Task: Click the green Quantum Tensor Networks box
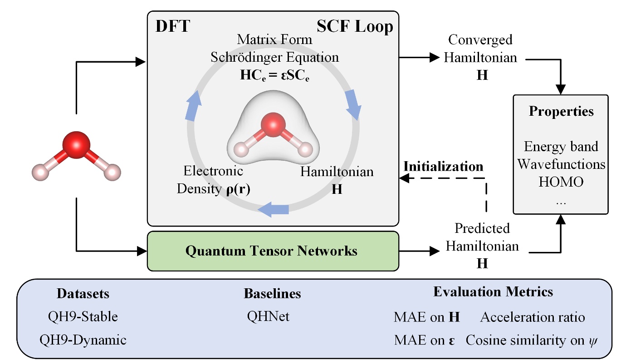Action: [273, 251]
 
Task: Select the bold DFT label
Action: [172, 27]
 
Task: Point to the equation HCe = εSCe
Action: [274, 75]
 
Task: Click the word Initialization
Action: [443, 167]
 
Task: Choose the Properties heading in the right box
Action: [561, 111]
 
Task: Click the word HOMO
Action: [561, 182]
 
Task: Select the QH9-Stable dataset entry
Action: [83, 316]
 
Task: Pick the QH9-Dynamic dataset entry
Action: [83, 340]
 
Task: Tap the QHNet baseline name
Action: [268, 316]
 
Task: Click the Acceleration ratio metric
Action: [533, 317]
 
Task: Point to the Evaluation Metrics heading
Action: [493, 291]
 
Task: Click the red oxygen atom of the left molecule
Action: [75, 145]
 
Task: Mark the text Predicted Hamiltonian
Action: [482, 237]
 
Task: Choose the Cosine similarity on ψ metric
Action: [532, 340]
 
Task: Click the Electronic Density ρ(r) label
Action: [213, 180]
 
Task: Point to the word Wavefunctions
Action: [561, 164]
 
